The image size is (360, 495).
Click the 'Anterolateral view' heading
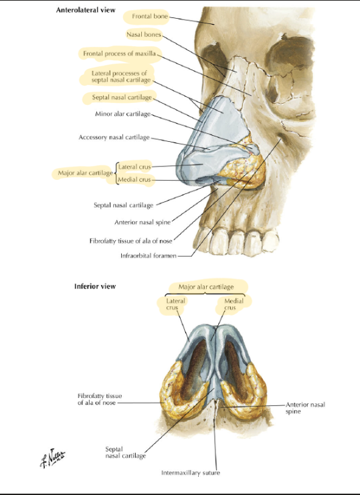pyautogui.click(x=86, y=10)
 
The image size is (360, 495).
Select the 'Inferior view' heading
pyautogui.click(x=95, y=286)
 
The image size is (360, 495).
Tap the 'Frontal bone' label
pyautogui.click(x=150, y=16)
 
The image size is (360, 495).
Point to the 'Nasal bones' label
pyautogui.click(x=144, y=34)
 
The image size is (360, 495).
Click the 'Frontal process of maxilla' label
pyautogui.click(x=119, y=54)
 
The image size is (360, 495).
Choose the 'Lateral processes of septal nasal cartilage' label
pyautogui.click(x=121, y=77)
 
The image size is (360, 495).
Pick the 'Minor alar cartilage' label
pyautogui.click(x=123, y=114)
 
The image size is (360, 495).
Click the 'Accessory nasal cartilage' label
pyautogui.click(x=114, y=137)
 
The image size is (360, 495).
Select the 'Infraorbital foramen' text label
pyautogui.click(x=149, y=256)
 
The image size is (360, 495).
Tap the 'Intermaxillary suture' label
pyautogui.click(x=191, y=473)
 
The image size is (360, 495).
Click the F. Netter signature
pyautogui.click(x=52, y=458)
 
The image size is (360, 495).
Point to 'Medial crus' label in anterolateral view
pyautogui.click(x=134, y=180)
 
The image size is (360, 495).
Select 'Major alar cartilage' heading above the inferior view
pyautogui.click(x=206, y=287)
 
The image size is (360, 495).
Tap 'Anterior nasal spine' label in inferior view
pyautogui.click(x=305, y=408)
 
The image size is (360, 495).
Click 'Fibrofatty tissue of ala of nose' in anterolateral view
pyautogui.click(x=130, y=241)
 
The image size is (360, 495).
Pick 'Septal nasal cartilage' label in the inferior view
pyautogui.click(x=126, y=452)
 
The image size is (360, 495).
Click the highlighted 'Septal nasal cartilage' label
pyautogui.click(x=122, y=97)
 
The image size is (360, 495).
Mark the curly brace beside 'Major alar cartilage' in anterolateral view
pyautogui.click(x=116, y=173)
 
